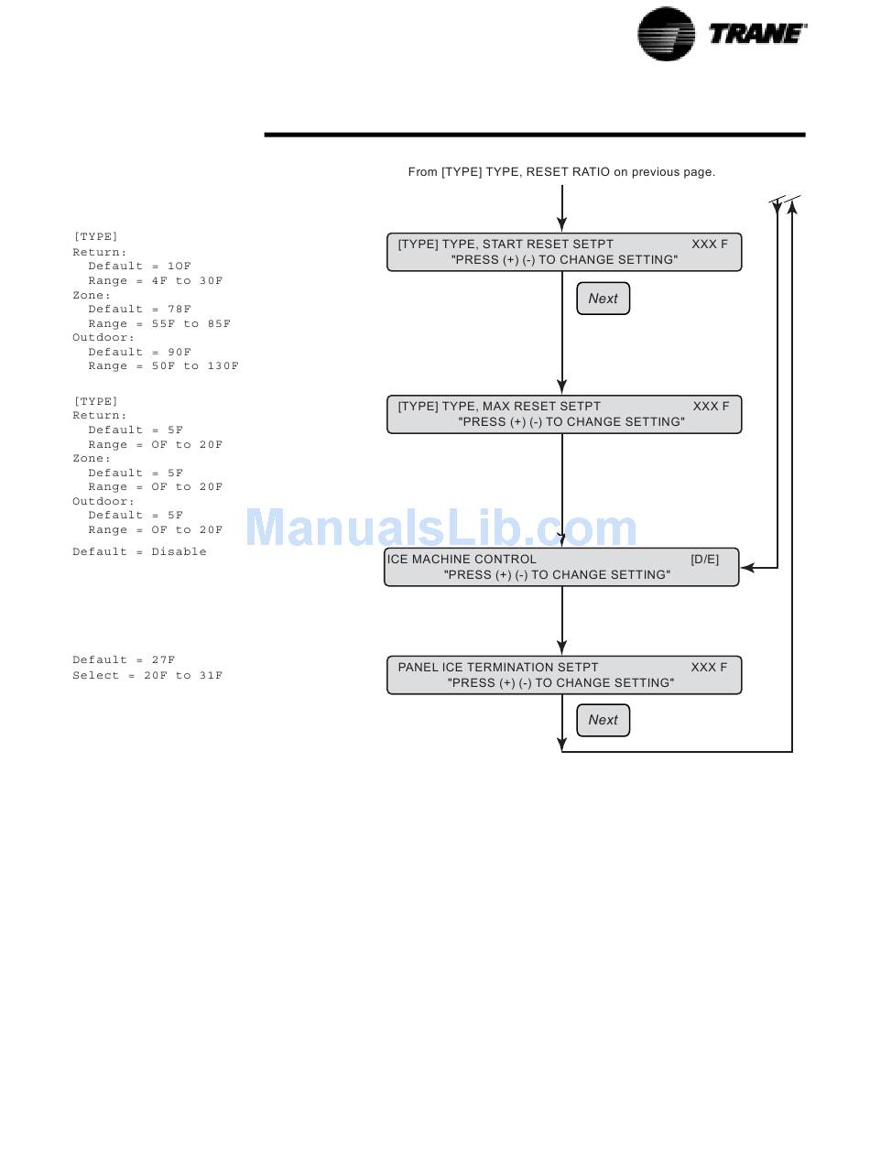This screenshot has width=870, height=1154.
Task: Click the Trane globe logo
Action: pos(666,34)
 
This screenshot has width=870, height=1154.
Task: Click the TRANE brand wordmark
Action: pos(757,34)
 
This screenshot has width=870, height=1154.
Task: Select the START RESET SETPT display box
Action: pos(563,252)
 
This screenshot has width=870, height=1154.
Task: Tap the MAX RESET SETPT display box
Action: pos(563,414)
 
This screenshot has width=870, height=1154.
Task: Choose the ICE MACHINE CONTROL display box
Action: pos(560,567)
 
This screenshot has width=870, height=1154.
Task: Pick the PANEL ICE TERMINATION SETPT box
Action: pos(563,675)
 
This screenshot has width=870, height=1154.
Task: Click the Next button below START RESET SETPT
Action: pos(603,299)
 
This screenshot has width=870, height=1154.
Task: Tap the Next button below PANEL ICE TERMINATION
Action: pos(603,720)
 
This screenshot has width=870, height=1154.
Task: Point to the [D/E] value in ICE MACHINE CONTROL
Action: pos(704,559)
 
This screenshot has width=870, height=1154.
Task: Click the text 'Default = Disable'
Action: pos(139,551)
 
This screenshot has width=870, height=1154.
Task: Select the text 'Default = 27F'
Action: pos(124,659)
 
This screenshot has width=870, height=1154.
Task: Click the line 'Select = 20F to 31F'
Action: pos(147,675)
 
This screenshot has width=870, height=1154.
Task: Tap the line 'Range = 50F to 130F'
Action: pos(164,366)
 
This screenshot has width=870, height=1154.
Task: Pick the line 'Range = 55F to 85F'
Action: pos(159,323)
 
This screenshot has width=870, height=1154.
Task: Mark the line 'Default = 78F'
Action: pos(139,310)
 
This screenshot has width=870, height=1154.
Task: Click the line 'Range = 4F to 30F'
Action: pos(155,281)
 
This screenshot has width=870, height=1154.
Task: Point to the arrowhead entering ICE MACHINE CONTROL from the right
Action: pos(747,568)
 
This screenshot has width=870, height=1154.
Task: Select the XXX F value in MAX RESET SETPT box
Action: pos(711,407)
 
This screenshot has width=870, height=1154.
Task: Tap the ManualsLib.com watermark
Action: pos(441,527)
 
